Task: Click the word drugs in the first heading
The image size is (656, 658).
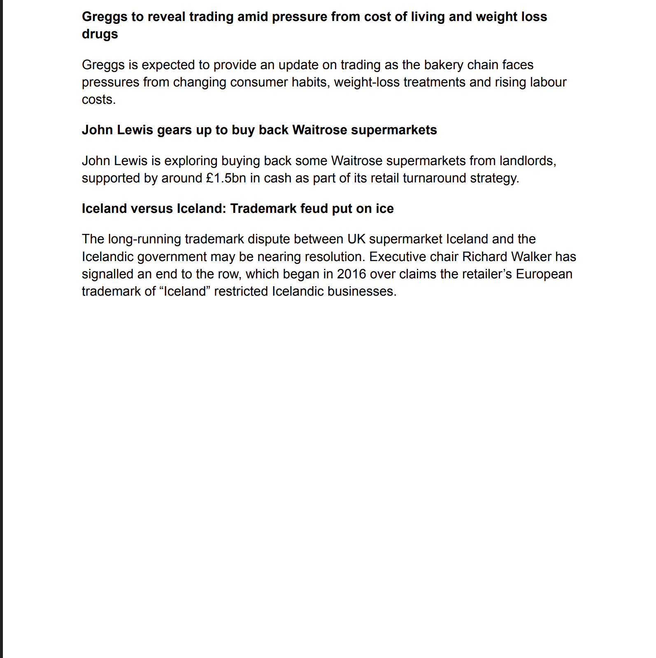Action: (100, 34)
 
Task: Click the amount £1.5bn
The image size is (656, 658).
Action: (226, 178)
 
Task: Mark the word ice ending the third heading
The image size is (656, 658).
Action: (384, 209)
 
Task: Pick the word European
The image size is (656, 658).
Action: (544, 274)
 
